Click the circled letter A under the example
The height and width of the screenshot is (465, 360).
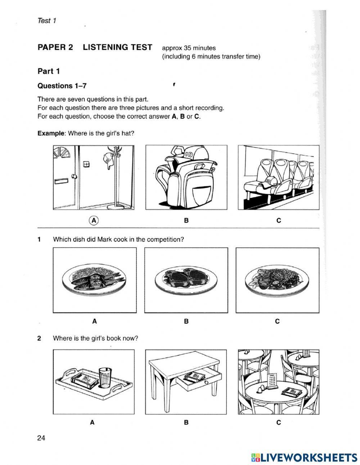[94, 220]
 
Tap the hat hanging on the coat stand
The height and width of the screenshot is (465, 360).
[108, 159]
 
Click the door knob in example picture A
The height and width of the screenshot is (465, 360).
[75, 176]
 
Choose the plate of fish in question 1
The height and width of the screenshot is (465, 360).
[94, 280]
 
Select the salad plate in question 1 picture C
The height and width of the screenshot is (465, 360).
[277, 279]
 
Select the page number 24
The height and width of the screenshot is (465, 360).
[41, 438]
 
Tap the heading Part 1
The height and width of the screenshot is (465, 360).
[48, 71]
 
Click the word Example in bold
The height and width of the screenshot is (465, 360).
[51, 133]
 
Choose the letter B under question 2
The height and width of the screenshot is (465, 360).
[186, 422]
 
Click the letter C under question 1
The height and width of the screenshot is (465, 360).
[277, 321]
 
